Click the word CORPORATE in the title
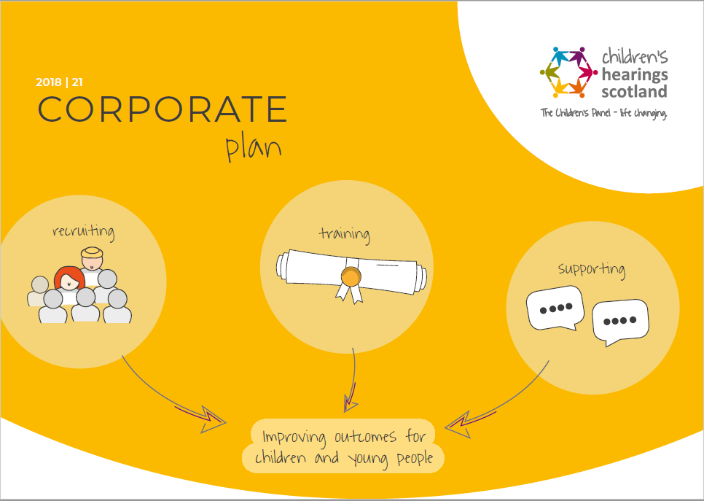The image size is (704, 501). point(162,109)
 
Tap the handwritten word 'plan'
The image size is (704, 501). point(253,147)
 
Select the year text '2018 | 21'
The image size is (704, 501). point(64,82)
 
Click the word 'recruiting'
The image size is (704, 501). point(83,233)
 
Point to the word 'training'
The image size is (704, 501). point(344,234)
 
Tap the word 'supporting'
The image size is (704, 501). point(591,269)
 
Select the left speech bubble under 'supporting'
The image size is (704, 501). point(555,307)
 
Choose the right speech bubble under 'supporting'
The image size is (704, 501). point(620,321)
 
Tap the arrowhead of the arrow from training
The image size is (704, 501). point(351,400)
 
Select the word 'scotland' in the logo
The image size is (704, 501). point(634,92)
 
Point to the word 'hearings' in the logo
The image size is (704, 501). point(634,74)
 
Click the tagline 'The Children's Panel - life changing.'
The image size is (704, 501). point(603,113)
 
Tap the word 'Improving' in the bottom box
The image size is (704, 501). point(295,437)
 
